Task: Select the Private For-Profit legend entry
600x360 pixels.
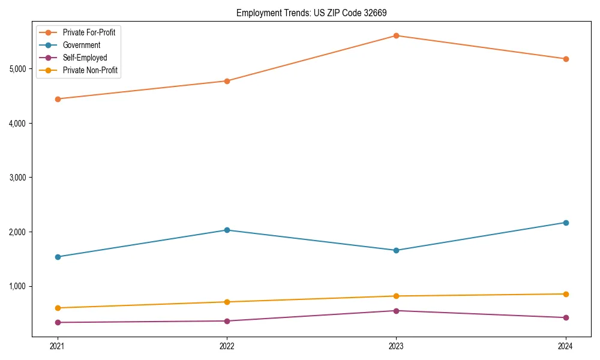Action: [x=89, y=32]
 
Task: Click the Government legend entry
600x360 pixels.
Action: [x=81, y=45]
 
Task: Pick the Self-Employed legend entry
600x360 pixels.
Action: [x=85, y=58]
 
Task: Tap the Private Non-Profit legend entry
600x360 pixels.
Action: [x=90, y=71]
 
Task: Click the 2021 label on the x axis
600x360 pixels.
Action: [x=58, y=346]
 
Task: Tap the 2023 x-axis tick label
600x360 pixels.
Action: [x=396, y=346]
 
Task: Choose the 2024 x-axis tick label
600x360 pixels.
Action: [x=565, y=346]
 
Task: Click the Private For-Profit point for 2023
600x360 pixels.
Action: [x=396, y=35]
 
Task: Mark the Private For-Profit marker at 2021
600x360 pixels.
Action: [x=58, y=99]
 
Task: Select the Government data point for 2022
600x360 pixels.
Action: [x=227, y=230]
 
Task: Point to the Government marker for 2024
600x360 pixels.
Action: [x=565, y=223]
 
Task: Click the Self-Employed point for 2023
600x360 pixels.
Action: [x=396, y=311]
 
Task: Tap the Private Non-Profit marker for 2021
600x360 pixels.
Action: [x=58, y=308]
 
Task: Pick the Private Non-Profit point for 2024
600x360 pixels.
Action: [x=565, y=294]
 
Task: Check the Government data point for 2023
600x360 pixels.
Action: [x=396, y=250]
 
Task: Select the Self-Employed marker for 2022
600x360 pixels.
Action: [x=227, y=321]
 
